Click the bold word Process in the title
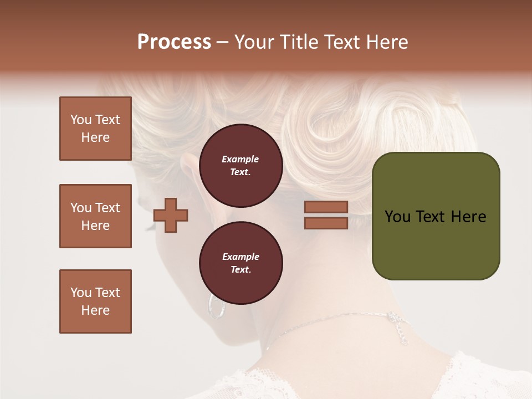coord(174,42)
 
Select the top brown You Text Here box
coord(95,129)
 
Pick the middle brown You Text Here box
coord(95,216)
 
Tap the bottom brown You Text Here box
coord(95,301)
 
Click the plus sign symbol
coord(171,215)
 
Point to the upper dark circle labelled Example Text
coord(241,165)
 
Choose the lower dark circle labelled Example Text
coord(241,263)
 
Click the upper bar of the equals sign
coord(326,207)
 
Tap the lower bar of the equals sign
coord(326,223)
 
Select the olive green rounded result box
coord(436,216)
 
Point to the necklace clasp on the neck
coord(395,320)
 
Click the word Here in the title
coord(388,42)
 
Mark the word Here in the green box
coord(468,217)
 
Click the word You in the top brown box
coord(80,120)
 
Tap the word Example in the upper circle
coord(241,159)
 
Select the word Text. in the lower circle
coord(241,269)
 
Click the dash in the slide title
coord(223,43)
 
